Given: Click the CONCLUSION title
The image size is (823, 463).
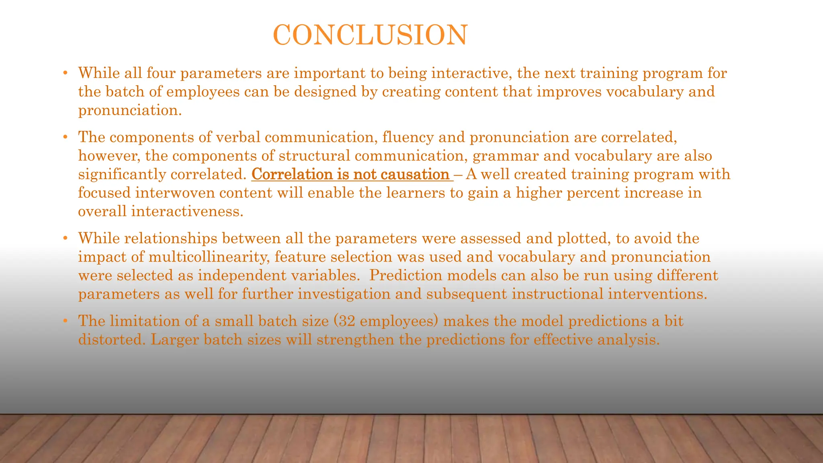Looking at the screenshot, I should [370, 35].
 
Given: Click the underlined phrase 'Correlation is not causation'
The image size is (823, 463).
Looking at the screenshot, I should [350, 174].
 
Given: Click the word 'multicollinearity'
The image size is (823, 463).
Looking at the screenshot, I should [209, 257].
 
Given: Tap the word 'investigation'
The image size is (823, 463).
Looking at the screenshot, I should [344, 294].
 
